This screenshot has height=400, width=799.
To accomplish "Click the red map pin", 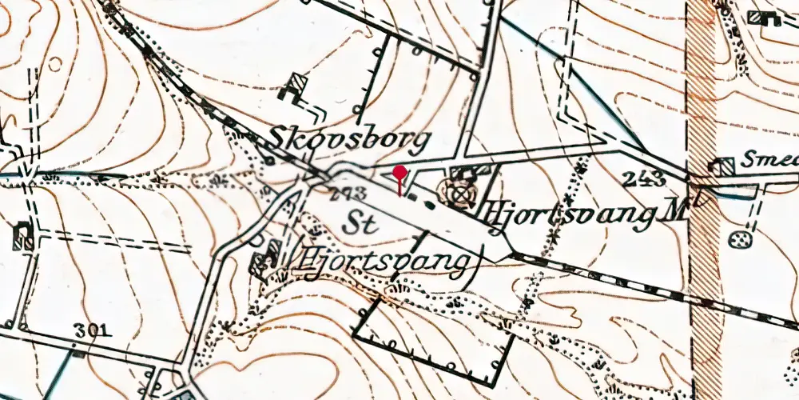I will click(399, 173).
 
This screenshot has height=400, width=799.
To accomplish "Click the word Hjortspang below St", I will click(384, 262).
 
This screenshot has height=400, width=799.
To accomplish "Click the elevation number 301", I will click(93, 330).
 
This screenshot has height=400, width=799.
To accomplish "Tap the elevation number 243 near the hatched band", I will click(646, 178).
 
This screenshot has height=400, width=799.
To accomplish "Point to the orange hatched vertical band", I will click(703, 200).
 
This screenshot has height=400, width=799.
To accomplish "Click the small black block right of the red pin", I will click(430, 205).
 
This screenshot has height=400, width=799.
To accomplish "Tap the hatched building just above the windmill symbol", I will click(463, 173).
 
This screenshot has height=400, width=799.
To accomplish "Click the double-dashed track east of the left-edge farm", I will click(112, 240).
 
